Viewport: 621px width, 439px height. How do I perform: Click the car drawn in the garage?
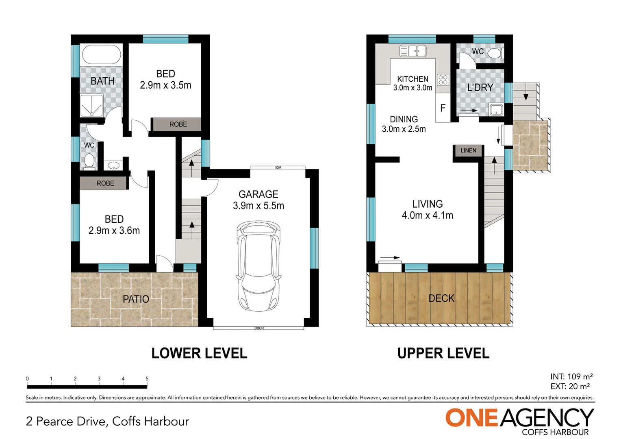pyautogui.click(x=258, y=266)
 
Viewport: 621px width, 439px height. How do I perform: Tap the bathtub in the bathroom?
pyautogui.click(x=102, y=54)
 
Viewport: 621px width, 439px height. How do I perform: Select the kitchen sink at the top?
pyautogui.click(x=413, y=51)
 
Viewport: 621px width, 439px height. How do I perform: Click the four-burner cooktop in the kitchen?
pyautogui.click(x=443, y=79)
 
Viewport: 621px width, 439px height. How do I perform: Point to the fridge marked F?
pyautogui.click(x=443, y=108)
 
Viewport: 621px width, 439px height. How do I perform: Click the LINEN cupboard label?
pyautogui.click(x=468, y=150)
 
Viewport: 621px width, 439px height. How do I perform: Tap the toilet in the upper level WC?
pyautogui.click(x=495, y=53)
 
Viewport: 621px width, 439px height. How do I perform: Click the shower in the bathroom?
pyautogui.click(x=92, y=105)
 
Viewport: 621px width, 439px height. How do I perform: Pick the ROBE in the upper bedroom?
pyautogui.click(x=178, y=124)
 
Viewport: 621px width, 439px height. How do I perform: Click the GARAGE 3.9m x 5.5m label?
pyautogui.click(x=258, y=200)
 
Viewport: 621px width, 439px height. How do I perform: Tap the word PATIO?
pyautogui.click(x=136, y=299)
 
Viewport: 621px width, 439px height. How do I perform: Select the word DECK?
pyautogui.click(x=441, y=298)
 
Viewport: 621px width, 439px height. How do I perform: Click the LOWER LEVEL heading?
pyautogui.click(x=199, y=353)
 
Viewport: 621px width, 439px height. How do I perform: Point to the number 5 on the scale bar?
pyautogui.click(x=147, y=379)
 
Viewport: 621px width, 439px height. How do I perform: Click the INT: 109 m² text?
pyautogui.click(x=571, y=376)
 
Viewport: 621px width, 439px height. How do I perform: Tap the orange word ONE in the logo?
pyautogui.click(x=472, y=418)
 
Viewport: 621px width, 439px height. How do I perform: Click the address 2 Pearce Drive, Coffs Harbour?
pyautogui.click(x=108, y=421)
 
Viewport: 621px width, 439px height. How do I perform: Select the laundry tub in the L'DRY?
pyautogui.click(x=496, y=109)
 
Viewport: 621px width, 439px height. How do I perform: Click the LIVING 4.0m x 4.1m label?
pyautogui.click(x=427, y=210)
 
